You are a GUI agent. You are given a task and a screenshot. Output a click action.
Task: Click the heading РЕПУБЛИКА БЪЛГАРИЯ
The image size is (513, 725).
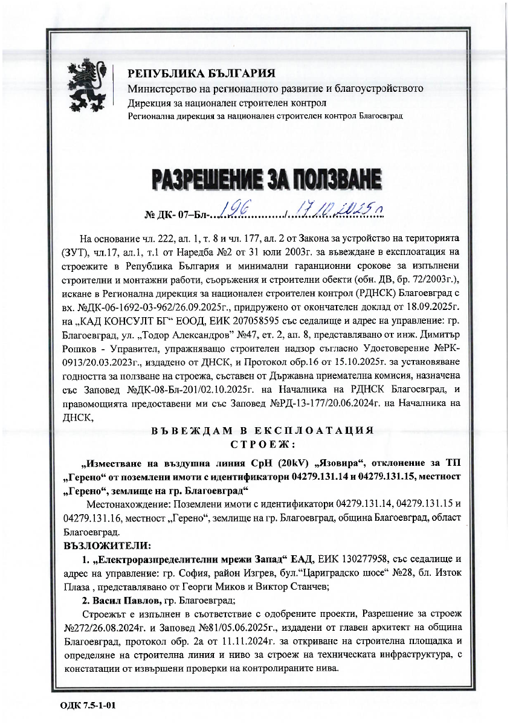click(201, 74)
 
